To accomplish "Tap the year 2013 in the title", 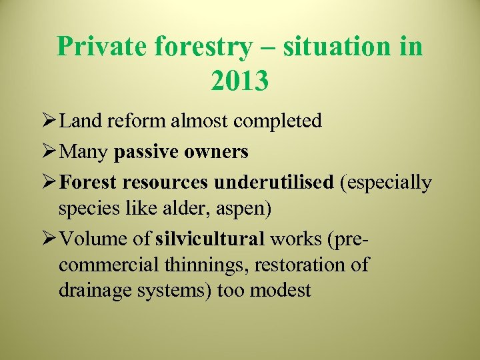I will click(x=239, y=80).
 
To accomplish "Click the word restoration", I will click(x=307, y=265).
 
